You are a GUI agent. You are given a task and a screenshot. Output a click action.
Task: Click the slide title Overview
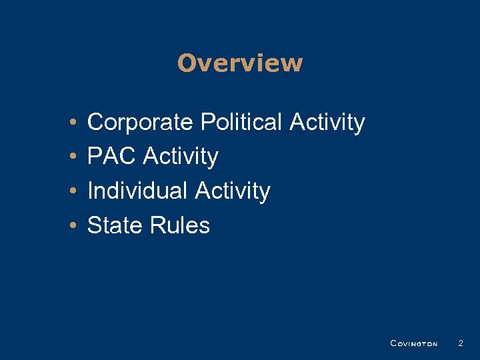[x=240, y=63]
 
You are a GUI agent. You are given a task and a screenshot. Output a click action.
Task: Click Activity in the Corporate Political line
[x=327, y=123]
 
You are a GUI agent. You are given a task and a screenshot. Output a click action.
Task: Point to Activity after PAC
[x=181, y=157]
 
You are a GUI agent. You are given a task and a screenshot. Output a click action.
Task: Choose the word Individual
[x=138, y=191]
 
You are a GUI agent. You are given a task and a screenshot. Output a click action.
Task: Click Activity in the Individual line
[x=233, y=192]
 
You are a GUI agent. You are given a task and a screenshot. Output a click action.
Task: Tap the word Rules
[x=179, y=226]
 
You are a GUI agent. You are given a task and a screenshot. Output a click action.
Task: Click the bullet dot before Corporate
[x=71, y=123]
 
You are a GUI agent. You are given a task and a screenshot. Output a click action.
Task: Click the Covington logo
[x=413, y=343]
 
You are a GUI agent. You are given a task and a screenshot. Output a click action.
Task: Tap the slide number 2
[x=460, y=343]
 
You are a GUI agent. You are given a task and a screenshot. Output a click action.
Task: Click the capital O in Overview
[x=187, y=63]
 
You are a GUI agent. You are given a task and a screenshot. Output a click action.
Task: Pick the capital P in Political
[x=206, y=123]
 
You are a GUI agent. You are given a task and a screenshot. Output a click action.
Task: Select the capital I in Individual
[x=90, y=191]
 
